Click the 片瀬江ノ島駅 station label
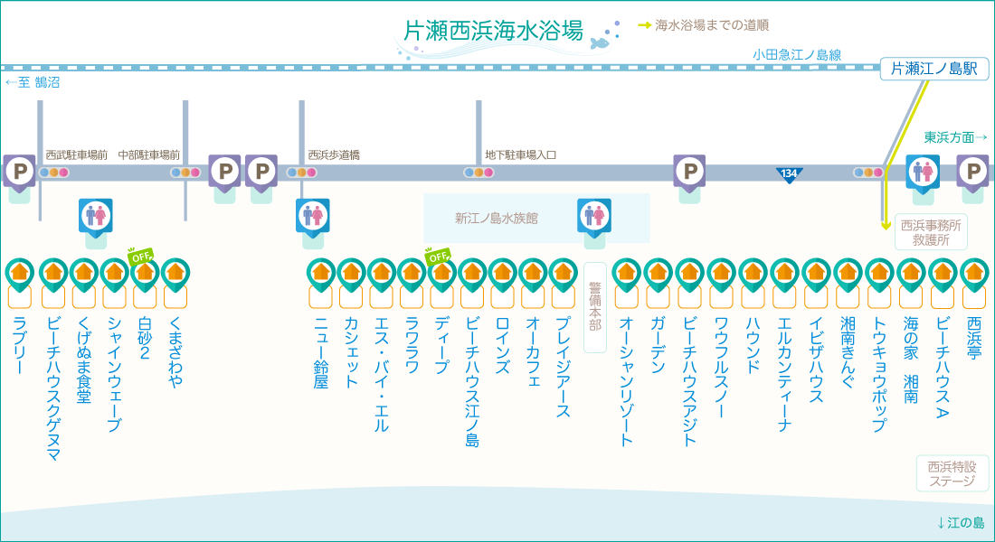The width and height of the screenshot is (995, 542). pyautogui.click(x=933, y=69)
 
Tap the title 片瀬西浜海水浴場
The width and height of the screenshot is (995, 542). pyautogui.click(x=492, y=31)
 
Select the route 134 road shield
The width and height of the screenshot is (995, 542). pyautogui.click(x=789, y=173)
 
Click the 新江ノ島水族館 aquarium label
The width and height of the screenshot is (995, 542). pyautogui.click(x=496, y=218)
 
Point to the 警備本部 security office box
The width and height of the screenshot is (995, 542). pyautogui.click(x=594, y=307)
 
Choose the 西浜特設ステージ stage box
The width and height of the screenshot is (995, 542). pyautogui.click(x=952, y=473)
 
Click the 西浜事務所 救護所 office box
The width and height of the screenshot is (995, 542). pyautogui.click(x=930, y=233)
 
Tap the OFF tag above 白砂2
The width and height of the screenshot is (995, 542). pyautogui.click(x=140, y=255)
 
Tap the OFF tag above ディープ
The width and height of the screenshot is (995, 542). pyautogui.click(x=438, y=255)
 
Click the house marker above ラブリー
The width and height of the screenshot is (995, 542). pyautogui.click(x=20, y=272)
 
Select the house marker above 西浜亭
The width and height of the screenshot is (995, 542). pyautogui.click(x=973, y=272)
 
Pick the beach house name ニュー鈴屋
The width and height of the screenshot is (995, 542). pyautogui.click(x=320, y=352)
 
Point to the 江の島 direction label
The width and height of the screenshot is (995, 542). pyautogui.click(x=961, y=523)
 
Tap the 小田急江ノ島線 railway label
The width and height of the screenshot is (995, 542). pyautogui.click(x=797, y=55)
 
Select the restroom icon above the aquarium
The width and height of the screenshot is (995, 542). pyautogui.click(x=594, y=215)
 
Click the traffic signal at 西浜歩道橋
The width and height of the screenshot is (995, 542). pyautogui.click(x=300, y=173)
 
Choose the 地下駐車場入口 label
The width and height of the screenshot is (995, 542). pyautogui.click(x=520, y=155)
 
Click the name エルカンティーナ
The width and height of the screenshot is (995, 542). pyautogui.click(x=784, y=375)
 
